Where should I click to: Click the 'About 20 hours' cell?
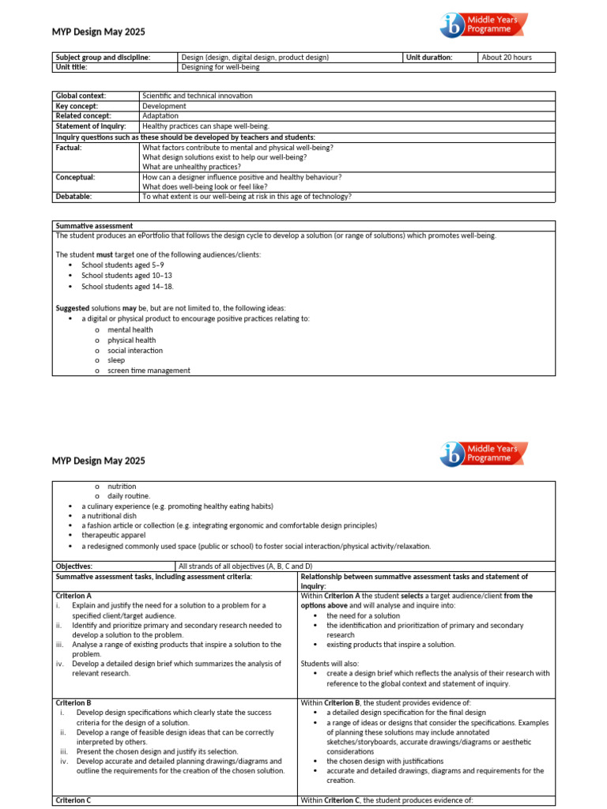click(x=507, y=58)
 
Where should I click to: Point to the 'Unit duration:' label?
click(x=429, y=58)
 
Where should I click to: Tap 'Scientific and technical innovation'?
click(x=197, y=96)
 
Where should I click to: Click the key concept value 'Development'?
click(x=164, y=106)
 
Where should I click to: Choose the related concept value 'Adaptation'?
click(x=160, y=116)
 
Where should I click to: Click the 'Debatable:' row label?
click(x=74, y=197)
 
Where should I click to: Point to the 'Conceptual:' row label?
click(x=75, y=177)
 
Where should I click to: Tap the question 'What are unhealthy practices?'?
click(x=191, y=167)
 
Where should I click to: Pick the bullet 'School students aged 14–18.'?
click(x=127, y=286)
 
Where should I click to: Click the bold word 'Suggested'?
click(x=73, y=307)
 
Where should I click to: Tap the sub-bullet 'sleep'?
click(x=116, y=360)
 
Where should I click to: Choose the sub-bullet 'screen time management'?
click(x=149, y=371)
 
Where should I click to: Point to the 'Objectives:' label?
click(x=74, y=566)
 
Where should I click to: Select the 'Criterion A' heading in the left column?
click(x=74, y=596)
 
